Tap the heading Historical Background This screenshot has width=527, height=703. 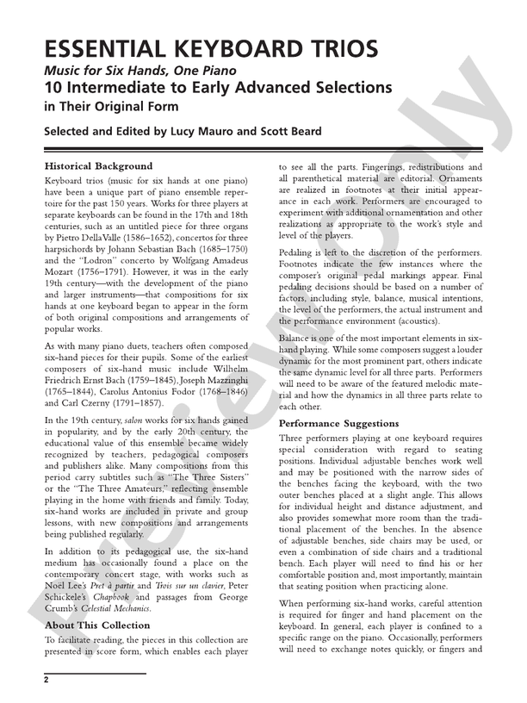click(98, 165)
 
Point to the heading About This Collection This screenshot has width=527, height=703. click(96, 625)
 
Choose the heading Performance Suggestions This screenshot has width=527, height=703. click(339, 425)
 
